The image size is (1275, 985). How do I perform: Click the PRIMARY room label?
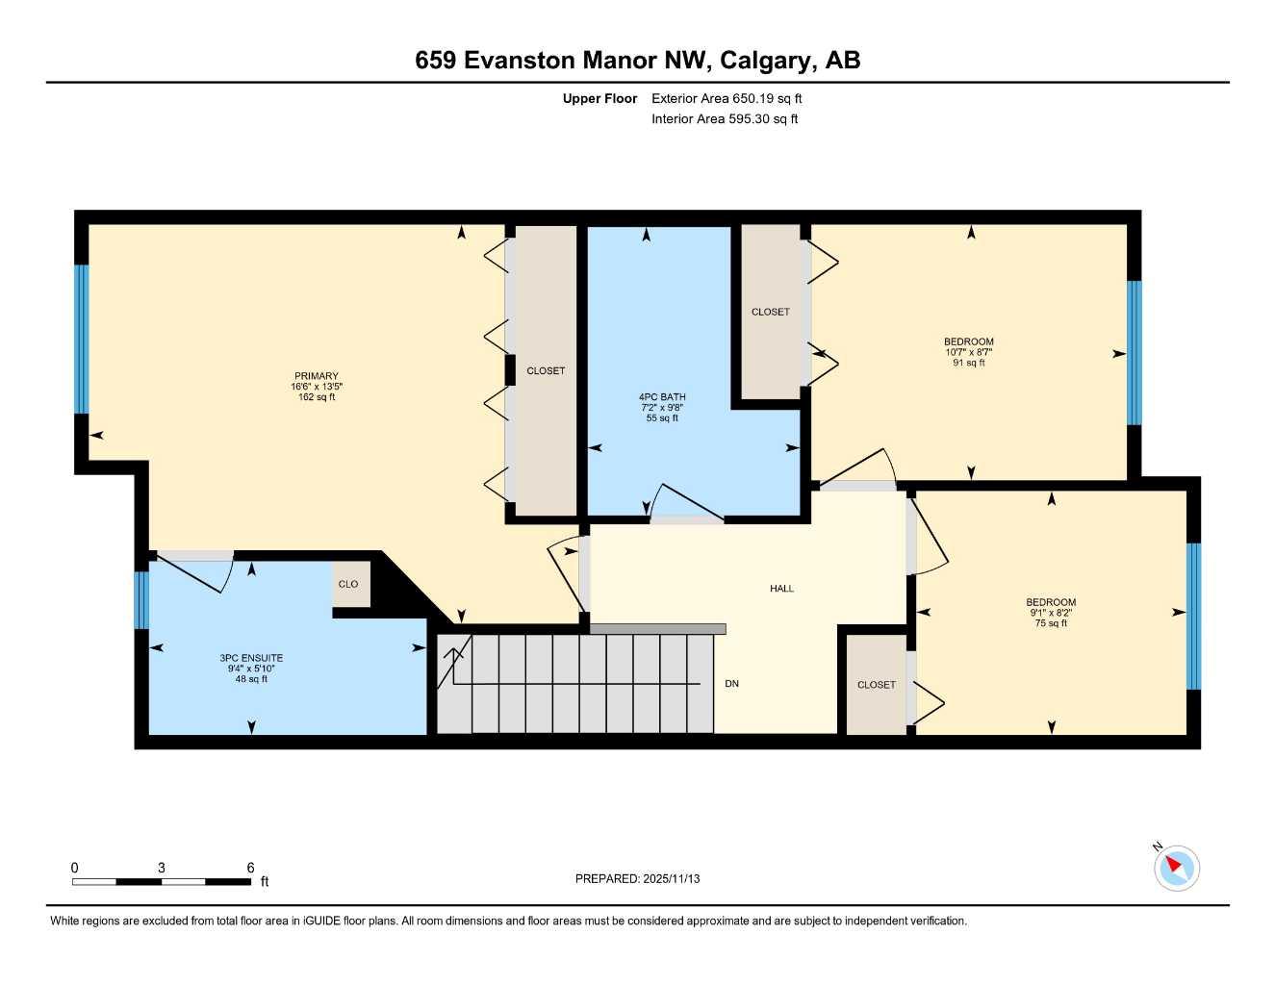(x=316, y=376)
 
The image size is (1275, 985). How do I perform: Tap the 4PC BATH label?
(x=662, y=396)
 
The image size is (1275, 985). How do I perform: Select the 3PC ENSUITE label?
(x=251, y=658)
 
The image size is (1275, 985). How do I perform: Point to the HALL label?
(x=781, y=588)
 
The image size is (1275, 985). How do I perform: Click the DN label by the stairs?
(x=731, y=684)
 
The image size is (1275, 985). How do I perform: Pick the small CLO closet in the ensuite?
(x=348, y=584)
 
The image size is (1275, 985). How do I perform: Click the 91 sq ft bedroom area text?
(x=969, y=363)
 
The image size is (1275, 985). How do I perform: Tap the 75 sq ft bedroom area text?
(x=1051, y=623)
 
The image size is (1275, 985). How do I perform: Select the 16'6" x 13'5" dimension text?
(x=317, y=387)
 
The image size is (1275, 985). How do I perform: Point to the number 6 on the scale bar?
(x=250, y=868)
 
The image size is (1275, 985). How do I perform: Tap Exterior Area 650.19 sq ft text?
(x=727, y=98)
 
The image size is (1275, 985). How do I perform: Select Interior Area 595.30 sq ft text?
(x=725, y=119)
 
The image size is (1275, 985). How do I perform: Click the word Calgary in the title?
(x=765, y=61)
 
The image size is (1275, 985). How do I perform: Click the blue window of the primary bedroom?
(x=82, y=339)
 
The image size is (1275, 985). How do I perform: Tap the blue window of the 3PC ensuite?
(x=141, y=600)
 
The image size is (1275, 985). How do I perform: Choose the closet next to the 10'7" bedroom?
(x=770, y=312)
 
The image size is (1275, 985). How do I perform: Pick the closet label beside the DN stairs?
(x=876, y=685)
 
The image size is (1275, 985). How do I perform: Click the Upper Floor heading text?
(x=599, y=98)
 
